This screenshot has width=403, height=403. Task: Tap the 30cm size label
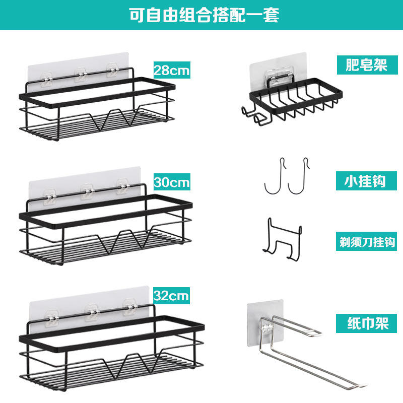[172, 181]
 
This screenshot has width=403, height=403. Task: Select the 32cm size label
[171, 293]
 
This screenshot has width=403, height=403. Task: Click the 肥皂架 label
[367, 65]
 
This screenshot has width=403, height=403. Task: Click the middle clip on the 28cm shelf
[81, 76]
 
